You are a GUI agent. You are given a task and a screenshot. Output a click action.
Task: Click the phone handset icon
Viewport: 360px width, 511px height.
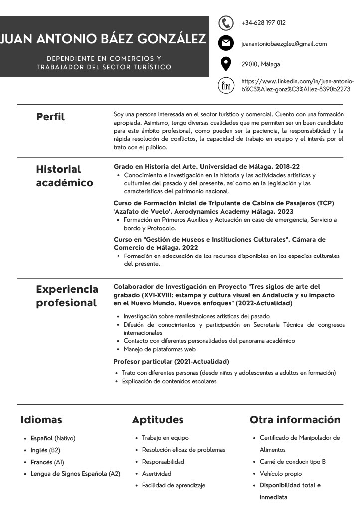pos(226,23)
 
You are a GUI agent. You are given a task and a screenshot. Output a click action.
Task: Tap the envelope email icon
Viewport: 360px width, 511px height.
pos(226,44)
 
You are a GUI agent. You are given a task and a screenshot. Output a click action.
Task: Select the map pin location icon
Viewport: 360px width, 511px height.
pos(226,64)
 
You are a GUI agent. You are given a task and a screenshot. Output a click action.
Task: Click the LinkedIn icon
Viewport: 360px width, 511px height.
pos(226,85)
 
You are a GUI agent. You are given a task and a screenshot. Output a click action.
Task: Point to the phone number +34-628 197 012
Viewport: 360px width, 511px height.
pos(263,23)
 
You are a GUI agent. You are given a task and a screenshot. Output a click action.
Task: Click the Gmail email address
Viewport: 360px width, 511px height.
pos(284,44)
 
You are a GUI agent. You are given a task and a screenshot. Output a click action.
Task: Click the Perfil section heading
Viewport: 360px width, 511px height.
pos(50,117)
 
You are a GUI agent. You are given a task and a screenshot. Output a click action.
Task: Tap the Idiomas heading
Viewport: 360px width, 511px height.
pos(41,420)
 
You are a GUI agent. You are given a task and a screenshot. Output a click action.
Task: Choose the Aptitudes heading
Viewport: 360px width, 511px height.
pos(158,420)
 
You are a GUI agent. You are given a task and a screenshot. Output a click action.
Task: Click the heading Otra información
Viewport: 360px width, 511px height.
pos(295,420)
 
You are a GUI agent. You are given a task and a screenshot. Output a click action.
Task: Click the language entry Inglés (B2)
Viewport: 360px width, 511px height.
pos(45,450)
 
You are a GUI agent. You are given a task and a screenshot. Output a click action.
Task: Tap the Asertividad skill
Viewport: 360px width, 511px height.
pos(156,473)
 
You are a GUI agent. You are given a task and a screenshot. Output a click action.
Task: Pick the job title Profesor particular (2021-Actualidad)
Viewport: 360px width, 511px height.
pos(171,361)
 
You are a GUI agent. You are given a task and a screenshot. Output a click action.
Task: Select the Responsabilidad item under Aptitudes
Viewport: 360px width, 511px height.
pos(163,462)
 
